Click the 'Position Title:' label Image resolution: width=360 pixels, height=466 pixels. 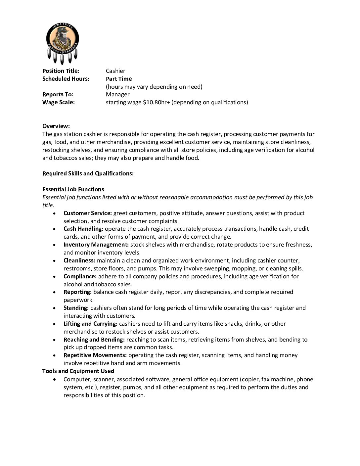(x=61, y=71)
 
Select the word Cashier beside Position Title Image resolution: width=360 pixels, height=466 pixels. (x=115, y=71)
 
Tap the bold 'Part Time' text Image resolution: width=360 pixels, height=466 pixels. (x=119, y=79)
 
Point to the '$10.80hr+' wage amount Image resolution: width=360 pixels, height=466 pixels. (x=156, y=102)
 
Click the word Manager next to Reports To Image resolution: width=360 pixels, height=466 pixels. (x=117, y=94)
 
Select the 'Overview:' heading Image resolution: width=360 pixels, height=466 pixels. (x=56, y=126)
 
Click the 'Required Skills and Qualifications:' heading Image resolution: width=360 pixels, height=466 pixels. (x=88, y=173)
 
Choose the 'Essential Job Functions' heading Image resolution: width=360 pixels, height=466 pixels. (x=73, y=189)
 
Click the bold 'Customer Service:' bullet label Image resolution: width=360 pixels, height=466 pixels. (x=88, y=213)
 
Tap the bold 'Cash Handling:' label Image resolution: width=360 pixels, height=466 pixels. (x=83, y=229)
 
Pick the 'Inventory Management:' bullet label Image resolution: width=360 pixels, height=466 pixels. (x=96, y=245)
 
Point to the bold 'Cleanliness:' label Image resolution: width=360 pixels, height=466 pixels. (x=79, y=260)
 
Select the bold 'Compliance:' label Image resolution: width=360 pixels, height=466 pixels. (x=80, y=276)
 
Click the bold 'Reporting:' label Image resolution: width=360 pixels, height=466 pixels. (x=77, y=292)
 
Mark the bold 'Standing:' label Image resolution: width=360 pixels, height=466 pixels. (x=76, y=308)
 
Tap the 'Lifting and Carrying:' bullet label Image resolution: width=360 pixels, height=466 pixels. (x=90, y=324)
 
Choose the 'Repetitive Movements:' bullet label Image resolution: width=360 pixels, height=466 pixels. (x=95, y=355)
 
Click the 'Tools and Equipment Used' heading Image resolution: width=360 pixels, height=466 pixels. (x=78, y=371)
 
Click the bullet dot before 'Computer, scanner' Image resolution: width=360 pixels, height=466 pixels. (x=54, y=379)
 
